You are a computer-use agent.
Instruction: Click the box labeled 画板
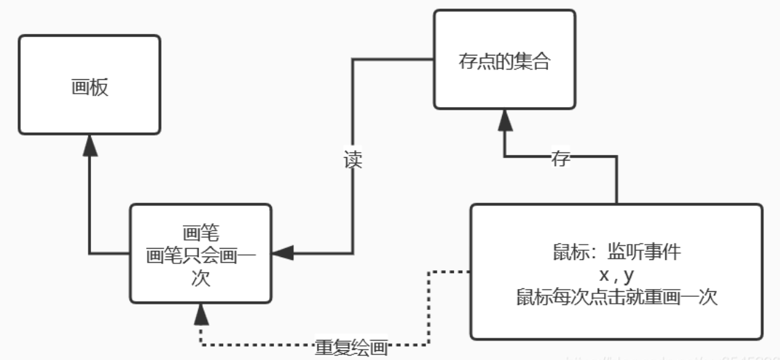[x=89, y=85]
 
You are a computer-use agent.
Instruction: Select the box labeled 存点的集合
[x=504, y=60]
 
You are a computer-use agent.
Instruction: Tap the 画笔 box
[x=200, y=253]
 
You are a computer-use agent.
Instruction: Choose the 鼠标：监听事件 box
[x=616, y=271]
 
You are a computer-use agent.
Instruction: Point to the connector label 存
[x=560, y=157]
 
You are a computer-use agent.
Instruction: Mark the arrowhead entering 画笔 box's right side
[x=282, y=254]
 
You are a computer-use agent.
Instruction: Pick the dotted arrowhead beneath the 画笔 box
[x=200, y=314]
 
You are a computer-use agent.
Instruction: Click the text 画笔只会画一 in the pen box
[x=200, y=254]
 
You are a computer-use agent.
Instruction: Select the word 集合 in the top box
[x=535, y=60]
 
